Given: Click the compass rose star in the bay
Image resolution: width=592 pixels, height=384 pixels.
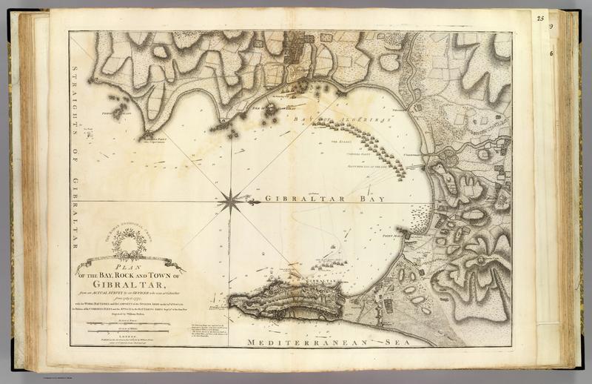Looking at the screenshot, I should point(232,199).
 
